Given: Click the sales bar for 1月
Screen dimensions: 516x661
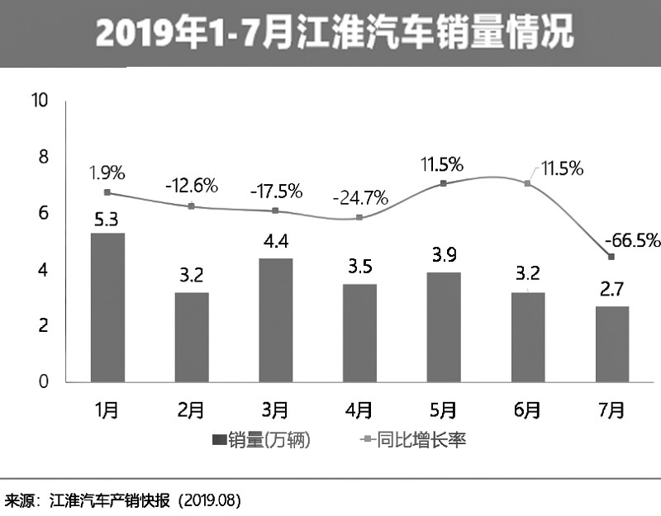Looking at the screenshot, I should click(107, 307).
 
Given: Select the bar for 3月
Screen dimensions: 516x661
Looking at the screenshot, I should click(275, 320).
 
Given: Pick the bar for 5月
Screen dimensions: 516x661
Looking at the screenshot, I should click(443, 327).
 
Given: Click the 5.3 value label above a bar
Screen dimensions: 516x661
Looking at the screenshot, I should click(107, 220).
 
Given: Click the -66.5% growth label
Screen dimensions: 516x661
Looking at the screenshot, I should click(632, 241).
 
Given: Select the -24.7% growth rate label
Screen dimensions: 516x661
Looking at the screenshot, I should click(360, 198).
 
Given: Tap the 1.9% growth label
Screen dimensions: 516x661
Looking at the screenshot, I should click(107, 173).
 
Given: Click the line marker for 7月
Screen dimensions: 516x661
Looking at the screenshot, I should click(611, 258).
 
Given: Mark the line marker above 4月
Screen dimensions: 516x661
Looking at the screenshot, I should click(359, 218).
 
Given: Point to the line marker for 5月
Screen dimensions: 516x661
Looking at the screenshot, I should click(443, 183).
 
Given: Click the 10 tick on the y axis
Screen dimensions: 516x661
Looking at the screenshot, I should click(40, 101).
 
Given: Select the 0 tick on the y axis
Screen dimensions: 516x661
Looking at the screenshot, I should click(45, 382).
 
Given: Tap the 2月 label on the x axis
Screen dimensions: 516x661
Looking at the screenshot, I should click(191, 409).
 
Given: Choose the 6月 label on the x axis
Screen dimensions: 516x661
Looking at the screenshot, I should click(527, 409).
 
